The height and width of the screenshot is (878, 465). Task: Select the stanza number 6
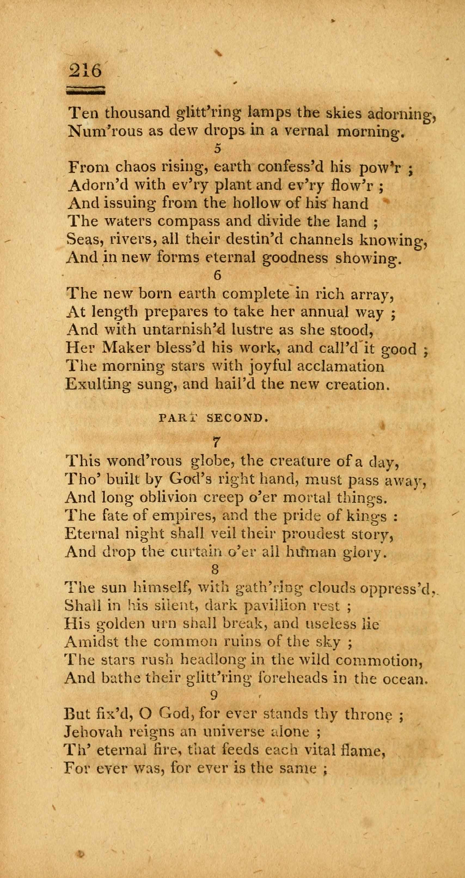pos(218,275)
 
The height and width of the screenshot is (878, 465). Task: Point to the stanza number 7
pos(216,442)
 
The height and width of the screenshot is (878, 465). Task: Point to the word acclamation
pos(341,366)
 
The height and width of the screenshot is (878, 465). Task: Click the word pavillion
pos(277,606)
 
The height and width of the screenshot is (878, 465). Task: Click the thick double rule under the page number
pos(85,90)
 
